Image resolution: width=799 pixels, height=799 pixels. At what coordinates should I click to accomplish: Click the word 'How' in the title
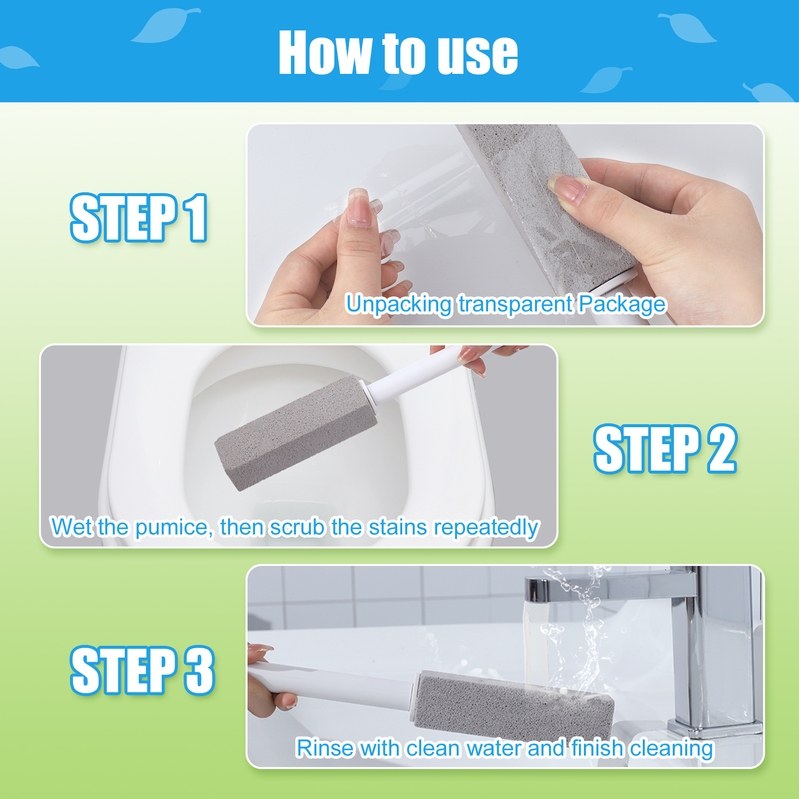point(325,53)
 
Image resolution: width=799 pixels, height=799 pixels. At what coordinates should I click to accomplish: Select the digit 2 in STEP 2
point(722,449)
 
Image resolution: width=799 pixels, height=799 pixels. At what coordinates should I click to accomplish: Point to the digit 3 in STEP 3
point(199,670)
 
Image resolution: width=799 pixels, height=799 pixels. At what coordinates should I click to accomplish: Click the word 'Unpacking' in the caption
point(399,304)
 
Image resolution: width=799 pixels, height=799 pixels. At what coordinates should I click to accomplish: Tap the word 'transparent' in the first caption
point(516,303)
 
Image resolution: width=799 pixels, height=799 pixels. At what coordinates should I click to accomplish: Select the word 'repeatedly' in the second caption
point(487,528)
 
